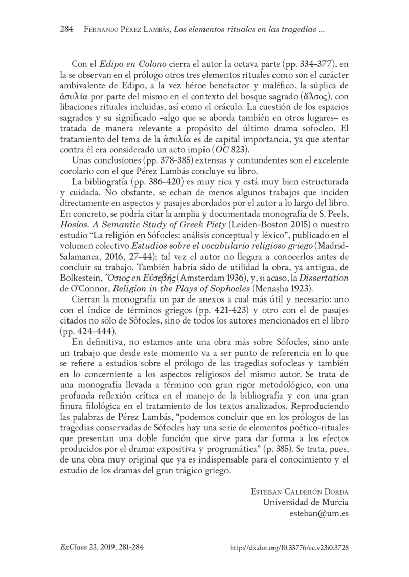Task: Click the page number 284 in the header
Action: point(66,29)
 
